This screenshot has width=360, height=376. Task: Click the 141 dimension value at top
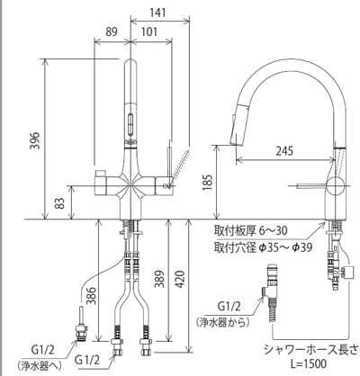157,13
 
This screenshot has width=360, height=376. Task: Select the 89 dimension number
112,31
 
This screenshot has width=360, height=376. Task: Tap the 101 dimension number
149,31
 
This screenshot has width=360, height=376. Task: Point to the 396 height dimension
34,140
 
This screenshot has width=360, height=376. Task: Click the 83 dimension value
60,203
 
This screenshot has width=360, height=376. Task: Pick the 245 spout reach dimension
284,151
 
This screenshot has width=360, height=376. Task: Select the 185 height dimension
207,183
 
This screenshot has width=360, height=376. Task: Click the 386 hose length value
91,296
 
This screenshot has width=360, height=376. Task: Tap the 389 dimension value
159,279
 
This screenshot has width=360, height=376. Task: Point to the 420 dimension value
179,279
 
